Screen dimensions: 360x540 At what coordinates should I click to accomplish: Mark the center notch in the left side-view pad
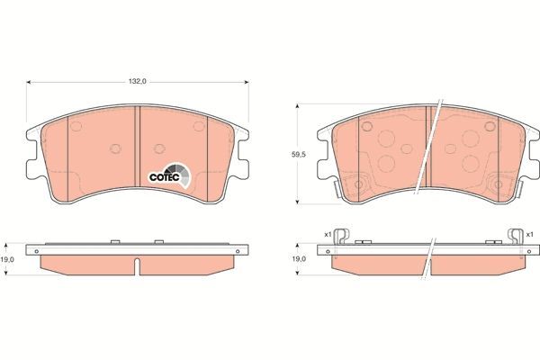(x=137, y=265)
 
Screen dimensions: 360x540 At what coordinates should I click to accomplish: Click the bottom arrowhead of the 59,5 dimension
(x=298, y=201)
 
